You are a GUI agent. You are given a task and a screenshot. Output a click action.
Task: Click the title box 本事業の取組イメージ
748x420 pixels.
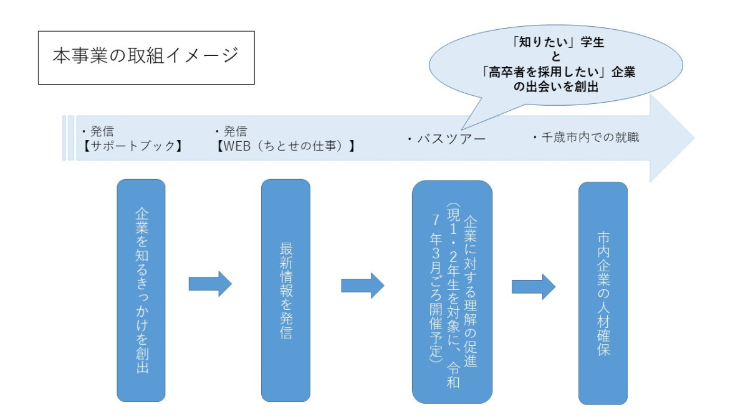coord(146,57)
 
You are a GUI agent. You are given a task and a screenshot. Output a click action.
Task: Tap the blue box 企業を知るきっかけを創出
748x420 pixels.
coord(141,290)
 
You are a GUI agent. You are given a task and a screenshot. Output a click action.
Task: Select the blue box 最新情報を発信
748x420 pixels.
coord(285,290)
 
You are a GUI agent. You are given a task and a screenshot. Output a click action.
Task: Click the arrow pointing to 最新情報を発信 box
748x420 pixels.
coord(210,284)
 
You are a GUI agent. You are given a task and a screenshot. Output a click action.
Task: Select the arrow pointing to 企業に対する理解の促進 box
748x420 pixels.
coord(362,285)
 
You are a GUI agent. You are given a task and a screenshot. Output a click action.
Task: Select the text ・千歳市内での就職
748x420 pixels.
coord(586,138)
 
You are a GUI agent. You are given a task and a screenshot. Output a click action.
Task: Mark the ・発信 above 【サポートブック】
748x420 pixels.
coord(98,131)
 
